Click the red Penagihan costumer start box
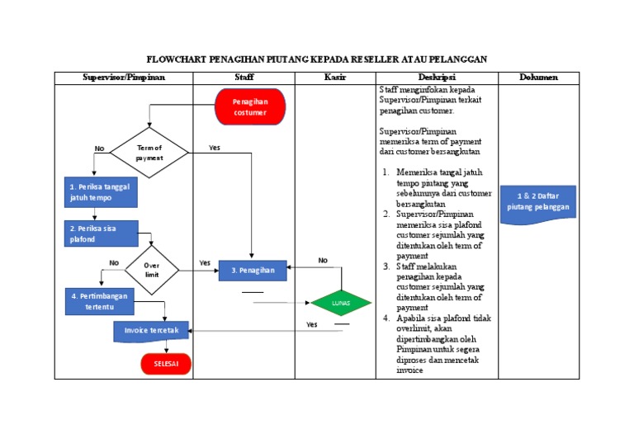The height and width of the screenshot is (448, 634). click(249, 107)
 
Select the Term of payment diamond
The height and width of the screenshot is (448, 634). click(149, 153)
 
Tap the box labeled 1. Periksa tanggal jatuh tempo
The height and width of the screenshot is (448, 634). click(99, 192)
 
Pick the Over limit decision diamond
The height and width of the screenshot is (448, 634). click(152, 270)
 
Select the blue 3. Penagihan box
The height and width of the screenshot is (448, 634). click(252, 271)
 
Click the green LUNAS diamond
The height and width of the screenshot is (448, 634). click(340, 304)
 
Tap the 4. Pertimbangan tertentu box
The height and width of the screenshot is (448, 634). click(99, 301)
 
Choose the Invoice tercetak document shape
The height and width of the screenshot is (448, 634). click(151, 330)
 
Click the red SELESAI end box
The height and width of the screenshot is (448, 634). click(166, 364)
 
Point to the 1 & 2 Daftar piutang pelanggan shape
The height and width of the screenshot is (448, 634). click(538, 202)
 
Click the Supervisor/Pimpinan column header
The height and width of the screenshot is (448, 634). click(124, 78)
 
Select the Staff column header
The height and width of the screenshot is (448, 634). click(244, 78)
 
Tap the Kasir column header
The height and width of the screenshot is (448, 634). click(335, 78)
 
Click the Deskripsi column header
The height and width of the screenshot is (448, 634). click(437, 78)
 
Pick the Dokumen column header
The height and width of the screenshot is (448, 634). click(538, 78)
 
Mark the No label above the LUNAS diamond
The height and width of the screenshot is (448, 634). click(323, 261)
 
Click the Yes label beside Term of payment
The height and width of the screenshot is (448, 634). click(215, 149)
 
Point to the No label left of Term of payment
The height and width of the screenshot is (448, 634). click(100, 149)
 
